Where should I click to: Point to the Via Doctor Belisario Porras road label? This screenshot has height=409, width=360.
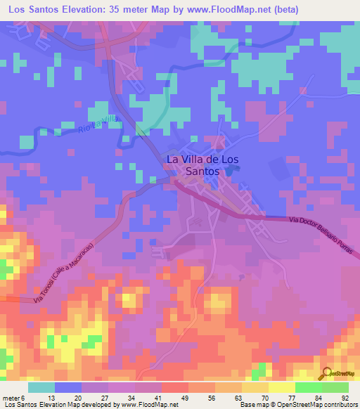(x=323, y=233)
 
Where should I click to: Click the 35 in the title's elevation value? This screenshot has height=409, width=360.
(x=119, y=10)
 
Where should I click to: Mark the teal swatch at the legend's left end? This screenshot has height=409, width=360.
(x=41, y=387)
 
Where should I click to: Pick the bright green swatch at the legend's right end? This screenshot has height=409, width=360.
(x=335, y=387)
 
